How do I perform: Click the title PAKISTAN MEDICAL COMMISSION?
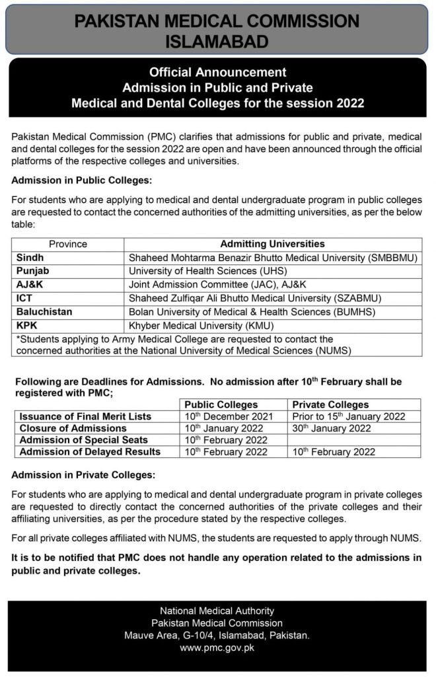(217, 21)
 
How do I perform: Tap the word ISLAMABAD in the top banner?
(217, 42)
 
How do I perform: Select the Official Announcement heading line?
(217, 72)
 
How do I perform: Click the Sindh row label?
(30, 258)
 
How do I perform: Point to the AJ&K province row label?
(30, 285)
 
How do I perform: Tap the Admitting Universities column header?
(272, 244)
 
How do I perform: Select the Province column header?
(67, 244)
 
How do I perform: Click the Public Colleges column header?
(221, 404)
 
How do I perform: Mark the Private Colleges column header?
(330, 404)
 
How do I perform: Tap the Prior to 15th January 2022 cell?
(347, 416)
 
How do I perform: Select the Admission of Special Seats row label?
(83, 440)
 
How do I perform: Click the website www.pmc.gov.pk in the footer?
(217, 648)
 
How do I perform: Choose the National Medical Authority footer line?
(217, 611)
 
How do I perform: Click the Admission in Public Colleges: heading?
(82, 180)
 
